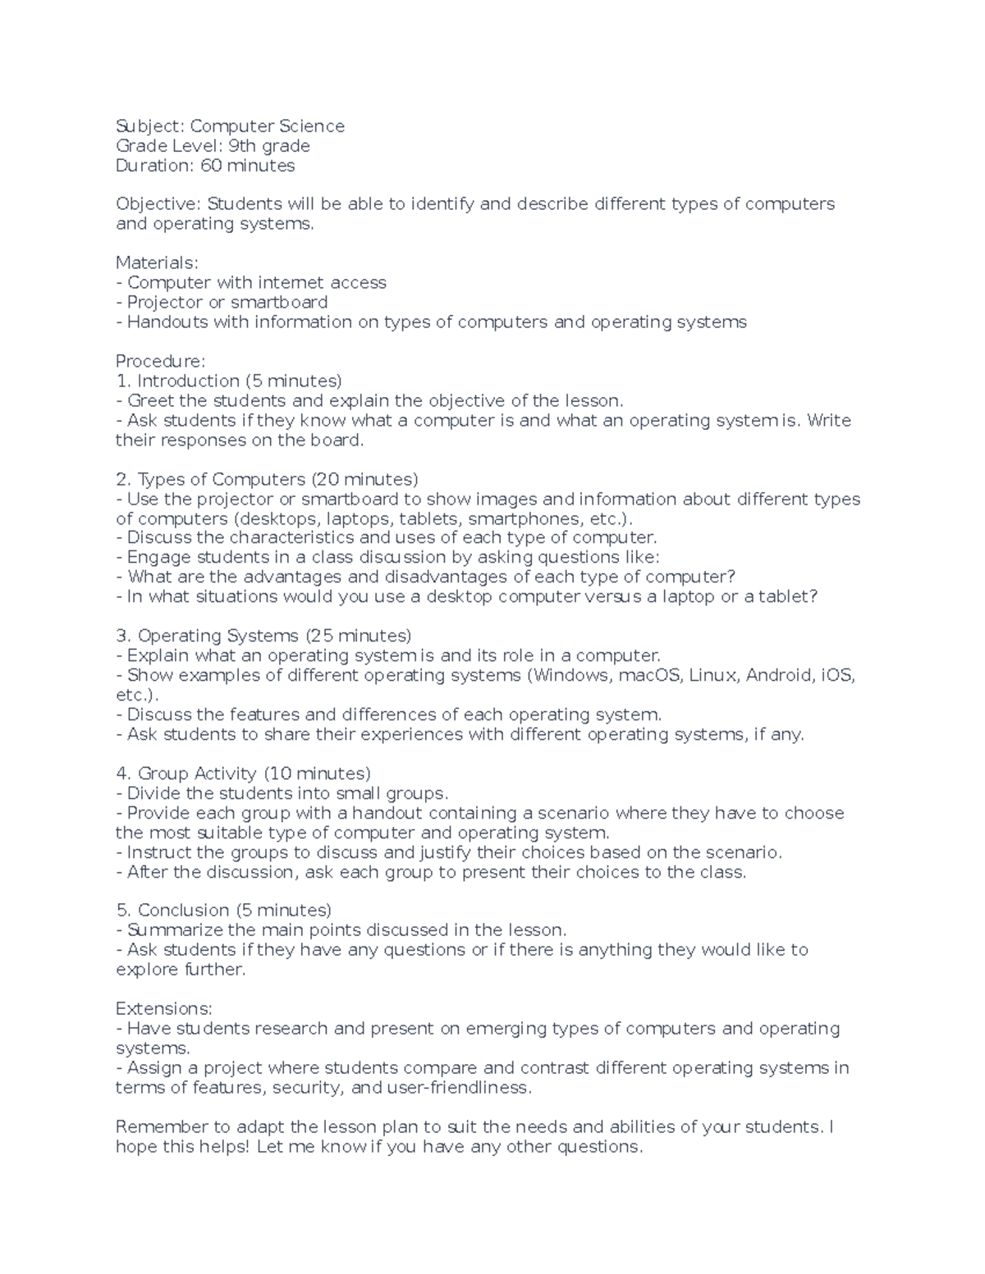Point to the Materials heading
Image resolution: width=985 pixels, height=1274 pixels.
tap(157, 263)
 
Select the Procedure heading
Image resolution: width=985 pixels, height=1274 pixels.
tap(160, 361)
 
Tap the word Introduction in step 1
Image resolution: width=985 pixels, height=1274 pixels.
tap(188, 381)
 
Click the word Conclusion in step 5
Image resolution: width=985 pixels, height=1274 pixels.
tap(183, 911)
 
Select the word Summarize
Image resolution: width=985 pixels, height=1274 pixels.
tap(175, 930)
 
